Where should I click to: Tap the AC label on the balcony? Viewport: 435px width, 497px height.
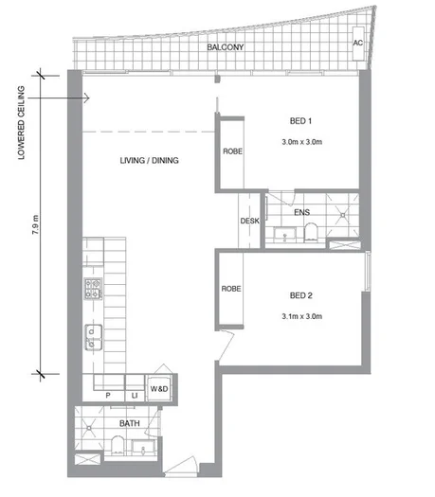point(358,43)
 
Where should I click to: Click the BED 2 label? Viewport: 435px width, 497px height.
point(302,294)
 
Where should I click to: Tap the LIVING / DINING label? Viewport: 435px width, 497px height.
point(150,161)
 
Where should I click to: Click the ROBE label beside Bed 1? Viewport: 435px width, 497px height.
point(231,151)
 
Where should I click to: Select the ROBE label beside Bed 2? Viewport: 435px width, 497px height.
point(229,289)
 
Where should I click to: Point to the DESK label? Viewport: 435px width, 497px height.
point(250,222)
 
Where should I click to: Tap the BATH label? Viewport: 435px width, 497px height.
point(130,423)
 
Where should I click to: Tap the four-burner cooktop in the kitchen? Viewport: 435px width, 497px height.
point(94,286)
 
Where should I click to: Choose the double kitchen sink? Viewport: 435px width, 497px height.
point(93,334)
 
